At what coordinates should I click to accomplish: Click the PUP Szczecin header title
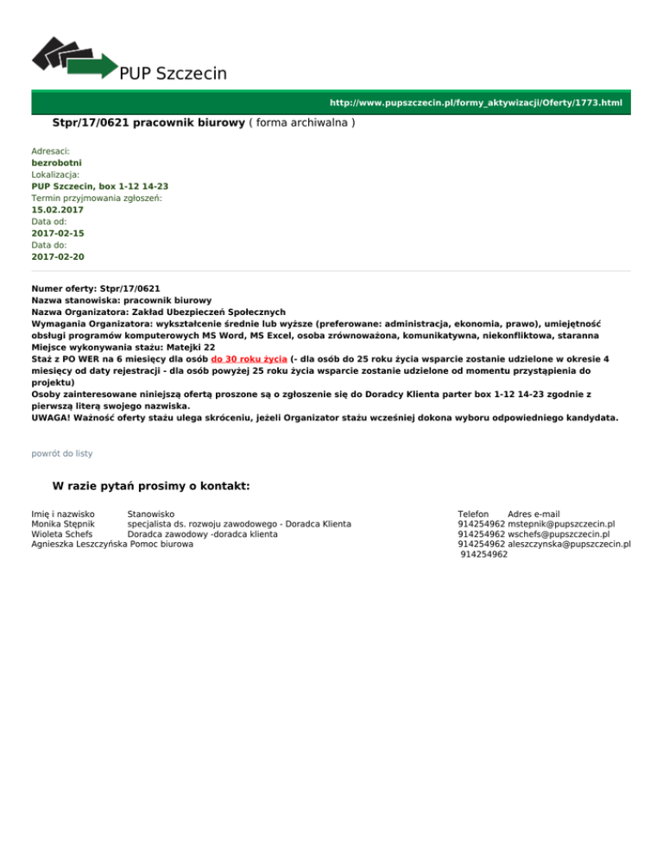(x=174, y=73)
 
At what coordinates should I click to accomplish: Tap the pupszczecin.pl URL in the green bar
(x=476, y=103)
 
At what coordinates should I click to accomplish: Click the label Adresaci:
(x=50, y=150)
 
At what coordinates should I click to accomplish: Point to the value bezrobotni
(x=57, y=161)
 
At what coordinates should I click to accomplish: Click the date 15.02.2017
(x=58, y=209)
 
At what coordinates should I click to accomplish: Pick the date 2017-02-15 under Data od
(x=58, y=233)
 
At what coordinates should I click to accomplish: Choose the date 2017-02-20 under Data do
(x=58, y=256)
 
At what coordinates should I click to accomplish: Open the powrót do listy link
(x=61, y=453)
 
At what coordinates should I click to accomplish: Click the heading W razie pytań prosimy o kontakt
(x=151, y=486)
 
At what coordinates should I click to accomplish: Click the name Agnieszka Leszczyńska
(x=79, y=545)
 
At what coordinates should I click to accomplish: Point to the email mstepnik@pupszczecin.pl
(x=561, y=523)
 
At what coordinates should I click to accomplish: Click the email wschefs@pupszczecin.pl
(x=559, y=534)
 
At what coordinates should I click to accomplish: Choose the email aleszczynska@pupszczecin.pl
(x=570, y=545)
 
